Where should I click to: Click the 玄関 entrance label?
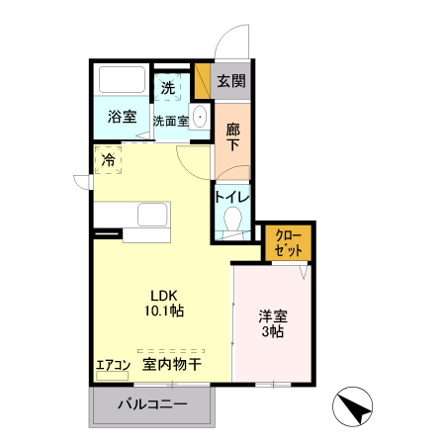[x=231, y=82]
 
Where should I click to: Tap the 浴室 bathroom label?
[x=123, y=117]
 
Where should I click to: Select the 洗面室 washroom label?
[x=170, y=121]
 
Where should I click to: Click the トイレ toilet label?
[x=232, y=196]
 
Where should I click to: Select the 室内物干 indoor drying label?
[x=172, y=364]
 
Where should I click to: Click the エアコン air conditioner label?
[x=114, y=365]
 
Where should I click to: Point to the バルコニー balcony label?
[x=152, y=403]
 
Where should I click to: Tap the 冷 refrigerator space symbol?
[x=108, y=158]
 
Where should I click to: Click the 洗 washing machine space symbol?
[x=168, y=88]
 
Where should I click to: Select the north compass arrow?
[x=353, y=407]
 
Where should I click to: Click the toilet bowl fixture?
[x=233, y=219]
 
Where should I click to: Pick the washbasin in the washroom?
[x=200, y=116]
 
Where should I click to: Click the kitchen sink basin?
[x=153, y=216]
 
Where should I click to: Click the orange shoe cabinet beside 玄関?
[x=203, y=81]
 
